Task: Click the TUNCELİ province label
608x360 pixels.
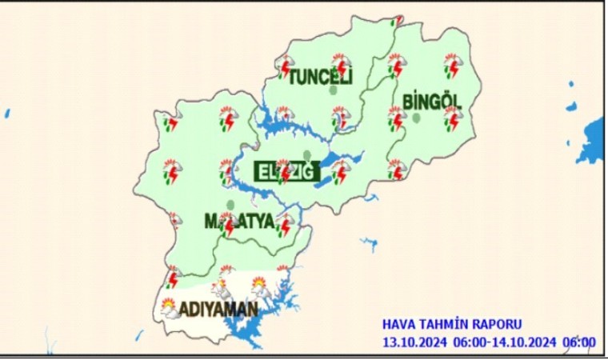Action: (x=320, y=77)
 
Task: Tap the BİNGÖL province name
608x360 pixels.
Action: (x=433, y=102)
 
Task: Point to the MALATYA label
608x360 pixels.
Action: (x=239, y=220)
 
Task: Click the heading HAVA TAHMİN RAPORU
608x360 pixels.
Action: (x=452, y=324)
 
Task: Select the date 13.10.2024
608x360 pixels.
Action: (x=414, y=342)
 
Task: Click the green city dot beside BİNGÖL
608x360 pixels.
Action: (x=417, y=118)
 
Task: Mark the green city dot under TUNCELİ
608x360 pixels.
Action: (x=333, y=90)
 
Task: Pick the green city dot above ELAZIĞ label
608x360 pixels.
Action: (x=306, y=154)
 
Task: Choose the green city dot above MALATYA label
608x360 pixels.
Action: (x=230, y=205)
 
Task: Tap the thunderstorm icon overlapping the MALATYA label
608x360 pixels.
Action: (x=228, y=223)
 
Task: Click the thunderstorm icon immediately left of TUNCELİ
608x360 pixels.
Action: (x=285, y=67)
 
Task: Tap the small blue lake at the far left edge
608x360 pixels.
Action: (x=6, y=114)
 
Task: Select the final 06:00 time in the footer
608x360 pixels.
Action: (x=580, y=342)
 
